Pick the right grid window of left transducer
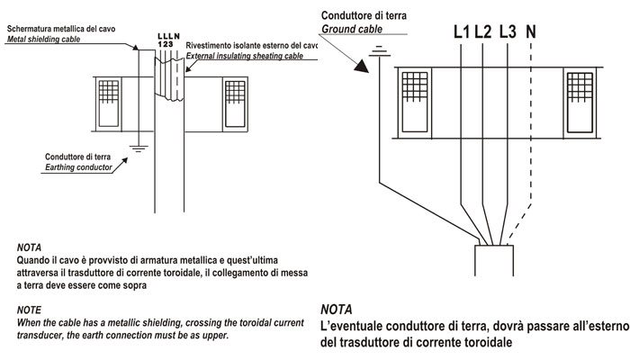[x=236, y=104]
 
